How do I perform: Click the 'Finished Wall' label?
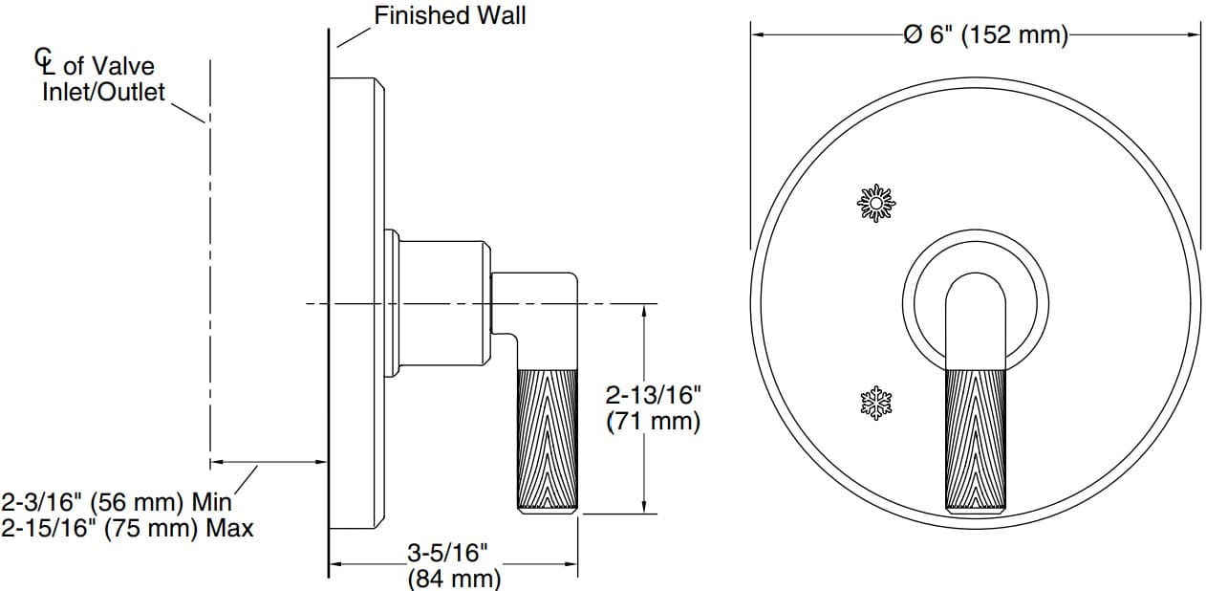(449, 15)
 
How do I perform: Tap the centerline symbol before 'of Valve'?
(44, 61)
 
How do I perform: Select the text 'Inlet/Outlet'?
(103, 93)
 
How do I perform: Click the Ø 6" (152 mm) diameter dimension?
(984, 35)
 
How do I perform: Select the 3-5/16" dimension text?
(448, 553)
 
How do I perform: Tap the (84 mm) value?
(454, 578)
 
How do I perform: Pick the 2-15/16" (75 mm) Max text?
(127, 528)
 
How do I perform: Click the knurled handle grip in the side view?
(547, 440)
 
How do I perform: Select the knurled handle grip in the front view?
(975, 440)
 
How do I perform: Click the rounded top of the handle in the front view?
(975, 287)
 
